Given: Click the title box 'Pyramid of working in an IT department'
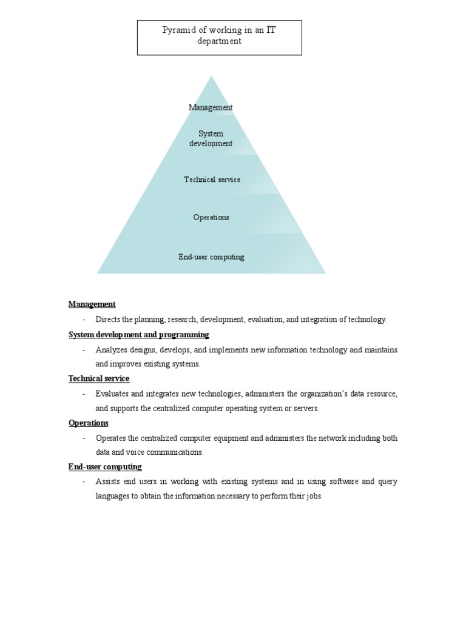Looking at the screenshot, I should coord(219,37).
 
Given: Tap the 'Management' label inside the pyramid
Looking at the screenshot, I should coord(211,107).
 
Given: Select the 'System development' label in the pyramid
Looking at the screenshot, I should coord(211,138).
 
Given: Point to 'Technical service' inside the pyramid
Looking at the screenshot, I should coord(212,180).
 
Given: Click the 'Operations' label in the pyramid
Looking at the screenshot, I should coord(211,217).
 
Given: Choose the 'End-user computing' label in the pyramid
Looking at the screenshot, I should coord(211,257).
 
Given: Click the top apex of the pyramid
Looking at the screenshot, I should coord(211,78).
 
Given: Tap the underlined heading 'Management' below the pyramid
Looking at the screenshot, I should coord(92,304).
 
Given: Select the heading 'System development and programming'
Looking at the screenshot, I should coord(138,335).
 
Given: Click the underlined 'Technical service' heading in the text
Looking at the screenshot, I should coord(98,378).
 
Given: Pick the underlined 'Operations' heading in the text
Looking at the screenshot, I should coord(88,423).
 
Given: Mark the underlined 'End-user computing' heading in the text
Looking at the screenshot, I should coord(105,467).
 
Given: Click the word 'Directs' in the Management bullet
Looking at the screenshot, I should coord(108,320).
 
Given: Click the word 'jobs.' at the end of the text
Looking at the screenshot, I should coord(313,496).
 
